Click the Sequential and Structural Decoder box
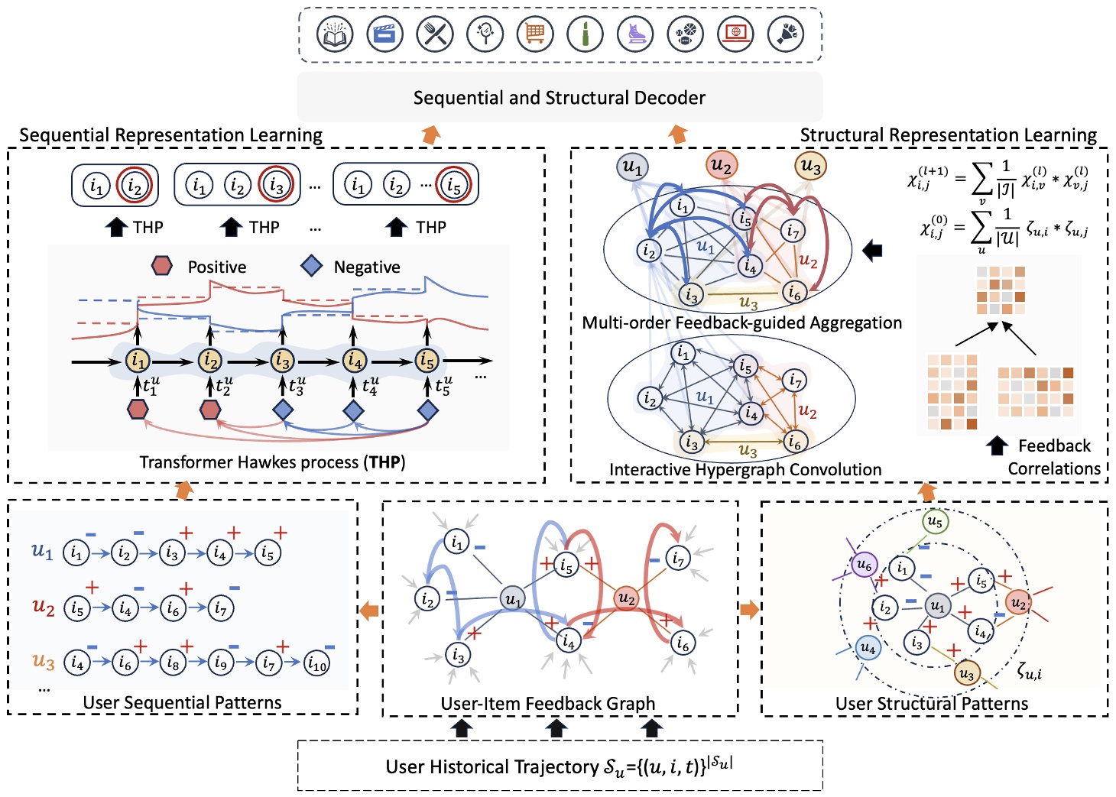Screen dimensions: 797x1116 point(559,98)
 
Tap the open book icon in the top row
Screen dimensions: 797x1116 point(335,34)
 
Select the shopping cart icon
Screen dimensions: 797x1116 point(535,34)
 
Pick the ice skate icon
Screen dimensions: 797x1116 point(635,34)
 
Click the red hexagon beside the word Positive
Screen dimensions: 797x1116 point(161,266)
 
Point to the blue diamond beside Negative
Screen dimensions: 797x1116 point(311,266)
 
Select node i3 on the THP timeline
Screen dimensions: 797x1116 point(282,360)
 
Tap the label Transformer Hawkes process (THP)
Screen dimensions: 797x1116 point(272,462)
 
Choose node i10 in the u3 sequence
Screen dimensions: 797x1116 point(316,663)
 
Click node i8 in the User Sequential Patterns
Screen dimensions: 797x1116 point(173,663)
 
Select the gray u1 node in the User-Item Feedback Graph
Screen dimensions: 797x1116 point(513,599)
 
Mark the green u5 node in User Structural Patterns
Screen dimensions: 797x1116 point(935,522)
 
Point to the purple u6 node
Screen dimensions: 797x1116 point(864,565)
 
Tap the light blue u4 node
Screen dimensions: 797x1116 point(868,648)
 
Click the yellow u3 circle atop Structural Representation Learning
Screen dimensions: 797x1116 point(811,166)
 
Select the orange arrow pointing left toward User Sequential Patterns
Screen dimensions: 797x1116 point(369,610)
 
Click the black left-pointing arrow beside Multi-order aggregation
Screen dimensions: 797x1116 point(872,250)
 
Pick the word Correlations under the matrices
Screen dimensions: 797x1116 point(1053,468)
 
